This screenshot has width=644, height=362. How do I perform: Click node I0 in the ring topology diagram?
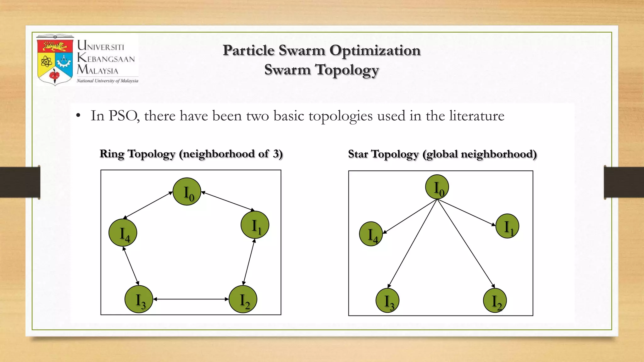tap(187, 192)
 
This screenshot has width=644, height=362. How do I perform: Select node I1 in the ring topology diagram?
tap(255, 225)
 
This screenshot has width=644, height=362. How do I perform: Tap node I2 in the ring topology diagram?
tap(243, 299)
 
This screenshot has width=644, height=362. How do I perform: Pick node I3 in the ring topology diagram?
tap(139, 299)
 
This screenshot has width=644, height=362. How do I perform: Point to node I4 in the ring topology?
tap(123, 233)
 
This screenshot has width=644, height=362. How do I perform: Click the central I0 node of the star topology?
tap(437, 187)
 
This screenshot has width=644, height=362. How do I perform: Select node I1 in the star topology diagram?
tap(507, 226)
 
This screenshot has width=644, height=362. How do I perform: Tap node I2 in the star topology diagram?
tap(495, 301)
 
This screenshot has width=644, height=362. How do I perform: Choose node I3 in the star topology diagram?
tap(387, 301)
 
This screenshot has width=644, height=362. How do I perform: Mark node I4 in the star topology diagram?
tap(371, 234)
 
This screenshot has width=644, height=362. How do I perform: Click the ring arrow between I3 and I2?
tap(191, 299)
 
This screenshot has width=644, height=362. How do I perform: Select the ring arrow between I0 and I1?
tap(228, 201)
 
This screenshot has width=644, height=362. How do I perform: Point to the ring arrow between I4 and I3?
tap(131, 266)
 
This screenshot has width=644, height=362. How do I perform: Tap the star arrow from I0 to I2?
tap(466, 244)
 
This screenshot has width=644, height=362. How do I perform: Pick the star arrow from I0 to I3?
tap(412, 244)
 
